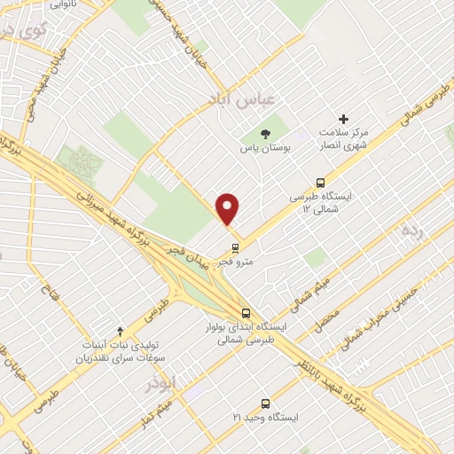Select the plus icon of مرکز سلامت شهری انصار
click(x=344, y=120)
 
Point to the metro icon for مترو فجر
click(x=235, y=247)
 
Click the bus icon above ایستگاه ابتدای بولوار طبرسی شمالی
click(x=246, y=313)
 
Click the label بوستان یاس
click(x=268, y=149)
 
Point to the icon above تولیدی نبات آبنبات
click(x=120, y=330)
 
